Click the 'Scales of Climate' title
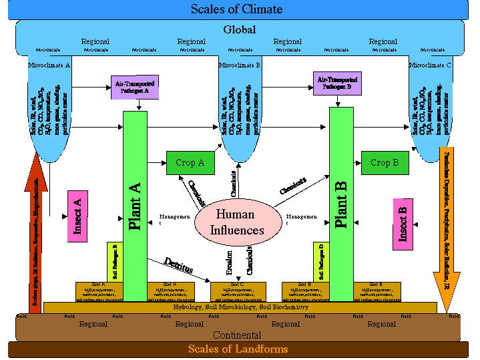(x=236, y=9)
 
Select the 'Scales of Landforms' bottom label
(x=238, y=349)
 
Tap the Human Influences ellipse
(x=235, y=222)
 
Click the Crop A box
(x=190, y=163)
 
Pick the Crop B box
(x=385, y=163)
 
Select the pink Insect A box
(x=78, y=215)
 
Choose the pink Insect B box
(x=403, y=224)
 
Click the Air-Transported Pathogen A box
(x=134, y=87)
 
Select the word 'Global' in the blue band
(x=239, y=30)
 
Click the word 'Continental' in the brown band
(x=237, y=335)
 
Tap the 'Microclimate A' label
(x=49, y=65)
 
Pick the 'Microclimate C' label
(x=430, y=65)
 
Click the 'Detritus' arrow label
(x=178, y=266)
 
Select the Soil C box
(x=238, y=291)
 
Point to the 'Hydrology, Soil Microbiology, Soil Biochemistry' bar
(x=240, y=307)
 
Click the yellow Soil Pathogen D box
(x=321, y=262)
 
